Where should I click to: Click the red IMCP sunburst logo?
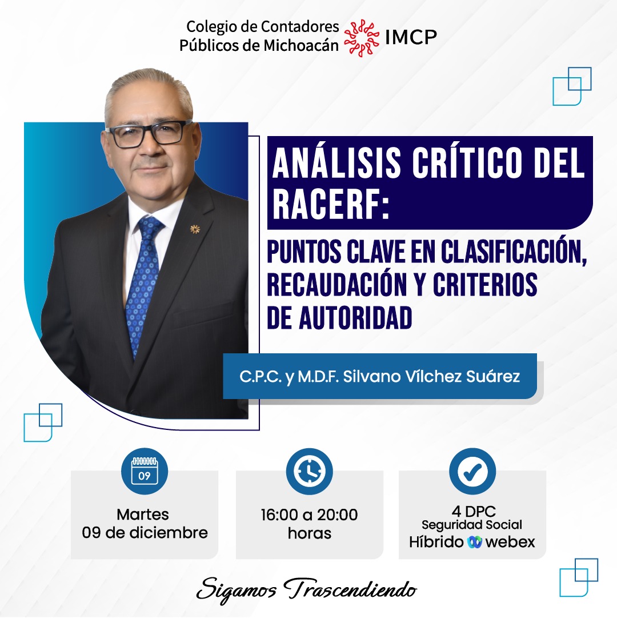[362, 38]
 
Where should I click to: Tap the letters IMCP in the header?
[411, 37]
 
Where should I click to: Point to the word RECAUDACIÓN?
[336, 284]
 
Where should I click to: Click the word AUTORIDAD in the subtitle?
[355, 318]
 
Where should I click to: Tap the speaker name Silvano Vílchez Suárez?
[431, 376]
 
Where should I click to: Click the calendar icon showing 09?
[145, 471]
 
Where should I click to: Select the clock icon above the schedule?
[310, 471]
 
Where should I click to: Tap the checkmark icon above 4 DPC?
[472, 471]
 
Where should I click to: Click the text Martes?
[143, 515]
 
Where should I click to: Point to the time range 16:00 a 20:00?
[310, 515]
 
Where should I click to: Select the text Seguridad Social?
[472, 525]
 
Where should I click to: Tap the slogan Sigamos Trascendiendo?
[306, 591]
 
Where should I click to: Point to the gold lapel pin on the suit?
[194, 229]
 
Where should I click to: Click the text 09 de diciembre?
[145, 533]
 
